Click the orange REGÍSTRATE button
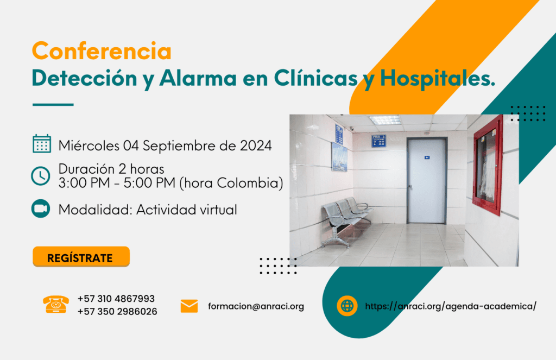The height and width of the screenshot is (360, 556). tap(81, 257)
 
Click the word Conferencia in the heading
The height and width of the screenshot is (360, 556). tap(102, 52)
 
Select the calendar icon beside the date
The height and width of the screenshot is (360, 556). tap(42, 144)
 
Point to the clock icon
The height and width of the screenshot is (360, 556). tap(41, 176)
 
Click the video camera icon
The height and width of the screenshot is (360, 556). tap(41, 209)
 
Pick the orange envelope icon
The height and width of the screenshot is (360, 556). tap(189, 306)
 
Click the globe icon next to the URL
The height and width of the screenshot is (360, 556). tap(347, 306)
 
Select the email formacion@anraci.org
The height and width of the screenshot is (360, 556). tap(256, 306)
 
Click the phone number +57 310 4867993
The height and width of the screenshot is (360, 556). tap(116, 299)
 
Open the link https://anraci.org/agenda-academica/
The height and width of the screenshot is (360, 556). tap(451, 306)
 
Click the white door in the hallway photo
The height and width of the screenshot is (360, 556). tap(427, 181)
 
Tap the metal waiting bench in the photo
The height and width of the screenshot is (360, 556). tap(345, 216)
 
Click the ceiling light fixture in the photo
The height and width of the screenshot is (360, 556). tap(384, 120)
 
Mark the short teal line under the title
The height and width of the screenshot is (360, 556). tap(53, 104)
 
